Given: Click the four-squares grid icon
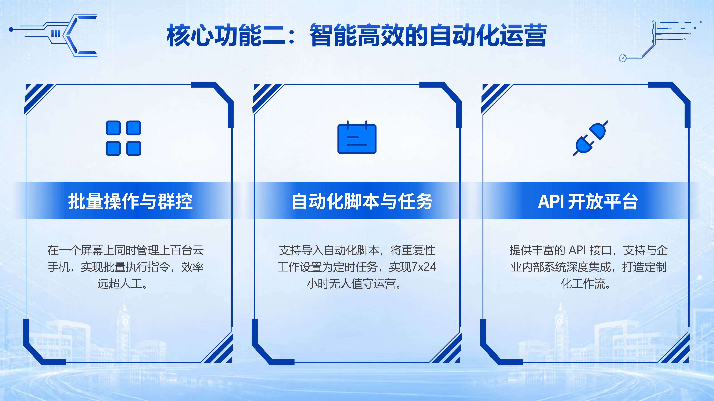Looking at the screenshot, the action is click(123, 138).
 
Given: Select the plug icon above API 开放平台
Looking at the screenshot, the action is click(590, 138).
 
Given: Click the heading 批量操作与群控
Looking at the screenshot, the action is click(130, 201).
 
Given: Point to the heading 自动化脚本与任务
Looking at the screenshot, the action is click(362, 201).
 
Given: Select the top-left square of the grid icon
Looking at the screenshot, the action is click(113, 128).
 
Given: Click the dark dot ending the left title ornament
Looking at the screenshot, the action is click(11, 29).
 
